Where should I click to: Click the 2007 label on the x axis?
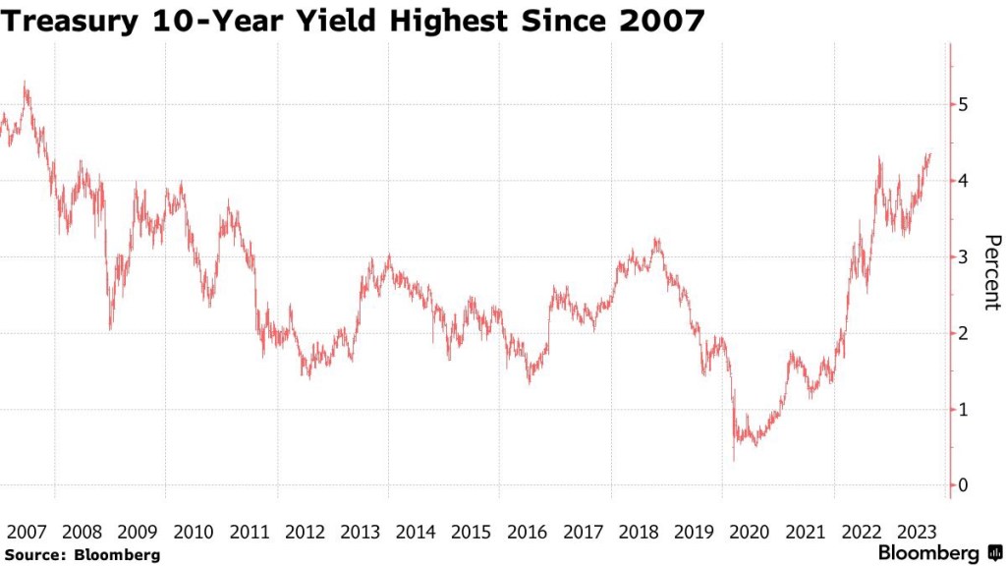point(27,532)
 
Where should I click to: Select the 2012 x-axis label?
point(305,532)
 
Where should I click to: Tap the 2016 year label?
point(527,532)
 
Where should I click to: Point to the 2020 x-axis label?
point(750,532)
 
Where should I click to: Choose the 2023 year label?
point(917,532)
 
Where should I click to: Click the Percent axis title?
point(992,272)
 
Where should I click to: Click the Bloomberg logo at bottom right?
point(941,552)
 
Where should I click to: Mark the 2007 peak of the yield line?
point(26,83)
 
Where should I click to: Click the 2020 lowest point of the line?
point(733,459)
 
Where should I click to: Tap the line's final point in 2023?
point(930,153)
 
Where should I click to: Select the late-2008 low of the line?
point(110,328)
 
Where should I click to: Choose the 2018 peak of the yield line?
point(655,238)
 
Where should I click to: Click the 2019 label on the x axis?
point(694,532)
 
